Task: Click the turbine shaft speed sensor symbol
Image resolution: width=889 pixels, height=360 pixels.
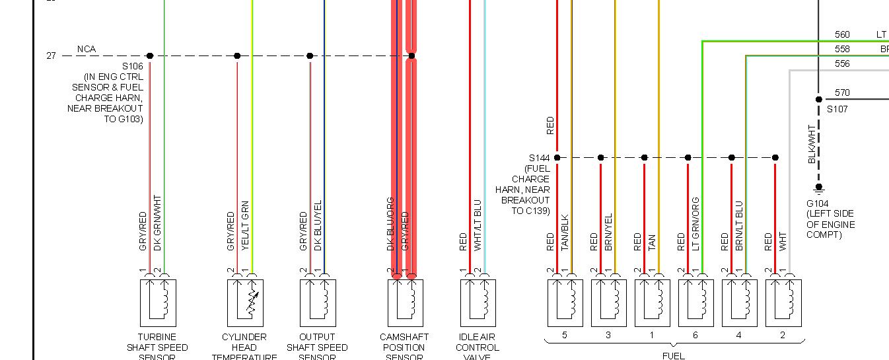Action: coord(158,303)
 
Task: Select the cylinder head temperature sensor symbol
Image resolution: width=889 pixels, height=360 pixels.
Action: coord(245,303)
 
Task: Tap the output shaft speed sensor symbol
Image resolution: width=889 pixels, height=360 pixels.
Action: coord(318,303)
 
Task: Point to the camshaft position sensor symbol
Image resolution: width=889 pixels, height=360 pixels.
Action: coord(405,303)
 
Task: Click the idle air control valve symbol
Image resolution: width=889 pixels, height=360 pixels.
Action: coord(478,303)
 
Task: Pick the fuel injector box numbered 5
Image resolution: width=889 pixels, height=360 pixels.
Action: coord(565,303)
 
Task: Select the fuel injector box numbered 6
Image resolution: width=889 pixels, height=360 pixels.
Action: coord(695,303)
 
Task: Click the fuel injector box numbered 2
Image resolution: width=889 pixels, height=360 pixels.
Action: coord(783,303)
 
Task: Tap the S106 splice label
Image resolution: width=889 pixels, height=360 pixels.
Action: coord(132,67)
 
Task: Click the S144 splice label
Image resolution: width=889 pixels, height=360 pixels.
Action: coord(539,158)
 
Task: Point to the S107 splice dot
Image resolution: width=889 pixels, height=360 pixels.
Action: coord(818,100)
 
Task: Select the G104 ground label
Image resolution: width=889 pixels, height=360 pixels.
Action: coord(818,203)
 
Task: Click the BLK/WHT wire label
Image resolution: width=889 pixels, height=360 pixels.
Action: coord(812,143)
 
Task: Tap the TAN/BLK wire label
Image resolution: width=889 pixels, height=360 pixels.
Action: coord(565,233)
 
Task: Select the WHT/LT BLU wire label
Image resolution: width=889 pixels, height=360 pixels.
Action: coord(478,225)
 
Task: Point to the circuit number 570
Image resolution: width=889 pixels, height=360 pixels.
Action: coord(842,93)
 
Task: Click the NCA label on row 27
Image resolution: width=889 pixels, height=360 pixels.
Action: coord(87,49)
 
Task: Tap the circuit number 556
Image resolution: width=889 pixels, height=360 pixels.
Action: coord(842,64)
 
